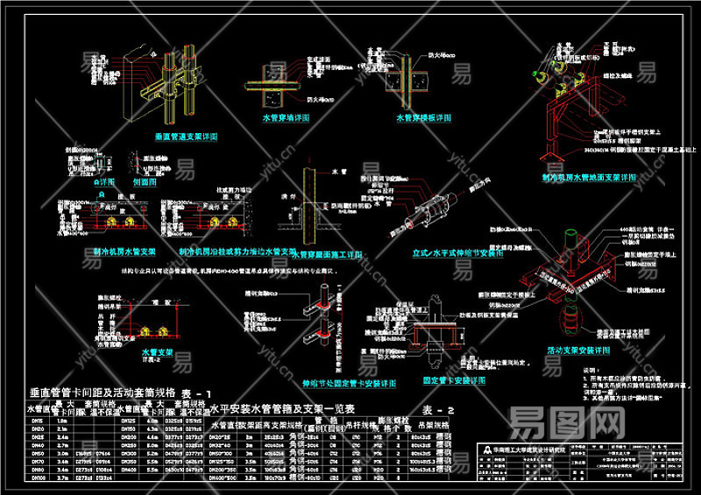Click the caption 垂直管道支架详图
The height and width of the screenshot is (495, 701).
coord(186,138)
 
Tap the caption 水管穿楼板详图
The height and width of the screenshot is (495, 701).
coord(423,117)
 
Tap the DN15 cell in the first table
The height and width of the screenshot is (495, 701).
coord(37,421)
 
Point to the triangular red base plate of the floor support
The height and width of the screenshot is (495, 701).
coord(552,159)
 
